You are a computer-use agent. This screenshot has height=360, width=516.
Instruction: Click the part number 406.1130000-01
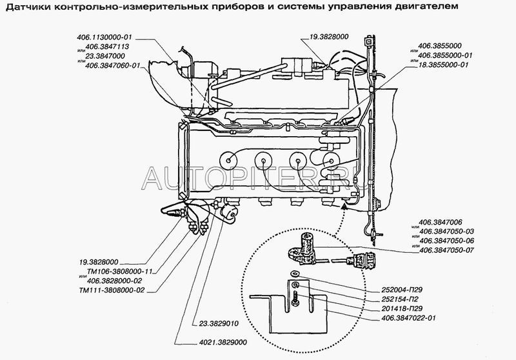104,37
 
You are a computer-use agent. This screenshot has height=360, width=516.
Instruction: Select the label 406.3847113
107,46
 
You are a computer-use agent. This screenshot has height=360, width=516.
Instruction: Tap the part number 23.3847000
105,56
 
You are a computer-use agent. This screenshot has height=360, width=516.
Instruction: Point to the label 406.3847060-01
112,66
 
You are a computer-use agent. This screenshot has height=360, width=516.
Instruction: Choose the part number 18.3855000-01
443,65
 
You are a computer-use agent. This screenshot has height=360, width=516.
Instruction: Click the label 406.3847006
440,223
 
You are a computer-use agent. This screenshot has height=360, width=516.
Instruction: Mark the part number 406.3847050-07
446,250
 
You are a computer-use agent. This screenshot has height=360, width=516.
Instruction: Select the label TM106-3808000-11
120,272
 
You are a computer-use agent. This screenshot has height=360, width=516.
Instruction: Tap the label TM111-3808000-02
112,290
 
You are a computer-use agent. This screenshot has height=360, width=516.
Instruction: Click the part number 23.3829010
219,323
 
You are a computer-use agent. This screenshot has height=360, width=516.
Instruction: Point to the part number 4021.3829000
223,342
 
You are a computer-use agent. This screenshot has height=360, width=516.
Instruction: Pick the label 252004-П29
402,290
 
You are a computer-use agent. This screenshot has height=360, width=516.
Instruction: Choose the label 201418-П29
402,308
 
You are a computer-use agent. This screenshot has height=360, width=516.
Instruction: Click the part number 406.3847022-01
408,318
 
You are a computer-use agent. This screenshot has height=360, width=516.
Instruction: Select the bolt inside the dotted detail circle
295,299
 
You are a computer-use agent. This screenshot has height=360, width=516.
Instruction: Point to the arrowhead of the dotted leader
344,206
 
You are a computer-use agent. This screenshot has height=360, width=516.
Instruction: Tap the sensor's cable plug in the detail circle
362,259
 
